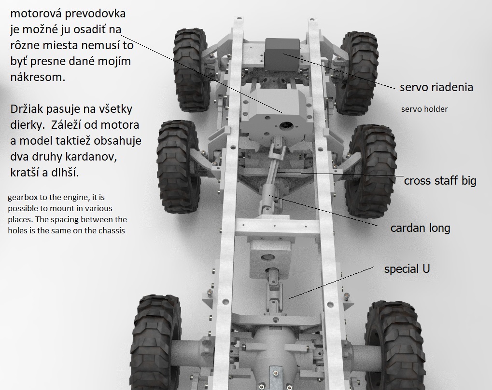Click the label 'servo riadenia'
436,87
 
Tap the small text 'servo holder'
424,109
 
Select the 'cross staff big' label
440,180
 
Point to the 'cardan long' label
420,228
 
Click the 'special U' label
407,269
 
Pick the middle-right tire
371,171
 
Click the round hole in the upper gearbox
286,126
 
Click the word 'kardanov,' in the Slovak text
64,157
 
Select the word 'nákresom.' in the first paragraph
38,77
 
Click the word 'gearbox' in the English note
20,198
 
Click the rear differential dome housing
275,345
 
